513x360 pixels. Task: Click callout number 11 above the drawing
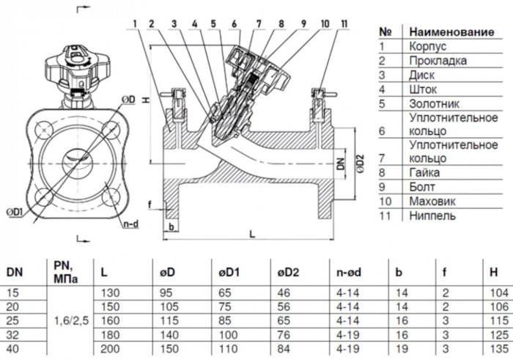(344, 24)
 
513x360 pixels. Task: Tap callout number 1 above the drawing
(135, 24)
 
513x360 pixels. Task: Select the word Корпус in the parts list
(427, 46)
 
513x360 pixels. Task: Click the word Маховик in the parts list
(432, 202)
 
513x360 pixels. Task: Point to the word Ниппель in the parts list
(432, 216)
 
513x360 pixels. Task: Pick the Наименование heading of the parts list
(451, 32)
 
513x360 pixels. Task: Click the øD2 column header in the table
(288, 272)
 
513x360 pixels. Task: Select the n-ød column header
(349, 272)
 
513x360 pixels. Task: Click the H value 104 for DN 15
(499, 293)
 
